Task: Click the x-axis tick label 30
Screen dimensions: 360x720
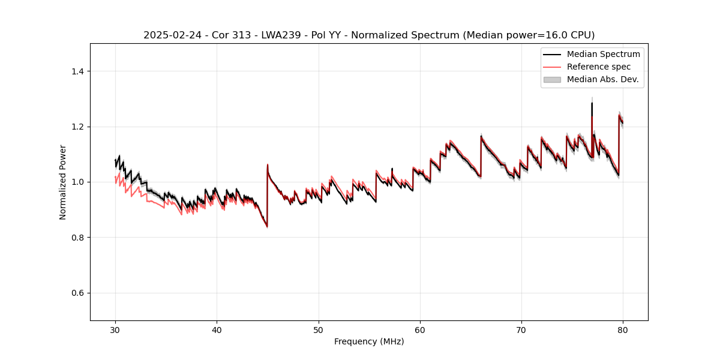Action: [x=115, y=330]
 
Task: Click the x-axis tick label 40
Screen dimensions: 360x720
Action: [x=217, y=330]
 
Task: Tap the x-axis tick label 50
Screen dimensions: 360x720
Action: [x=319, y=330]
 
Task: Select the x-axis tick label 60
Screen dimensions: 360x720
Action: [x=420, y=330]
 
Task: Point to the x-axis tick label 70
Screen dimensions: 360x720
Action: [x=521, y=330]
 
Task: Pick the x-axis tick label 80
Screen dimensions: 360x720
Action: [x=623, y=330]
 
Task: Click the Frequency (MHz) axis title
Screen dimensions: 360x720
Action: [x=369, y=342]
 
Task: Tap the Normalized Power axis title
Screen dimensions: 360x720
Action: [x=63, y=182]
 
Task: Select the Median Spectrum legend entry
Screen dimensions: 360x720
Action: [x=603, y=54]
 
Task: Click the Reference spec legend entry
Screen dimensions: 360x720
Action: [x=598, y=67]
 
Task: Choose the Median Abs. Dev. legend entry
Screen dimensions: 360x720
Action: [x=602, y=79]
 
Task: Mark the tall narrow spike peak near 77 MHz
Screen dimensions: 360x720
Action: [x=592, y=103]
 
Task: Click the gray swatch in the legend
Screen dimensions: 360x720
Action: [x=552, y=79]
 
